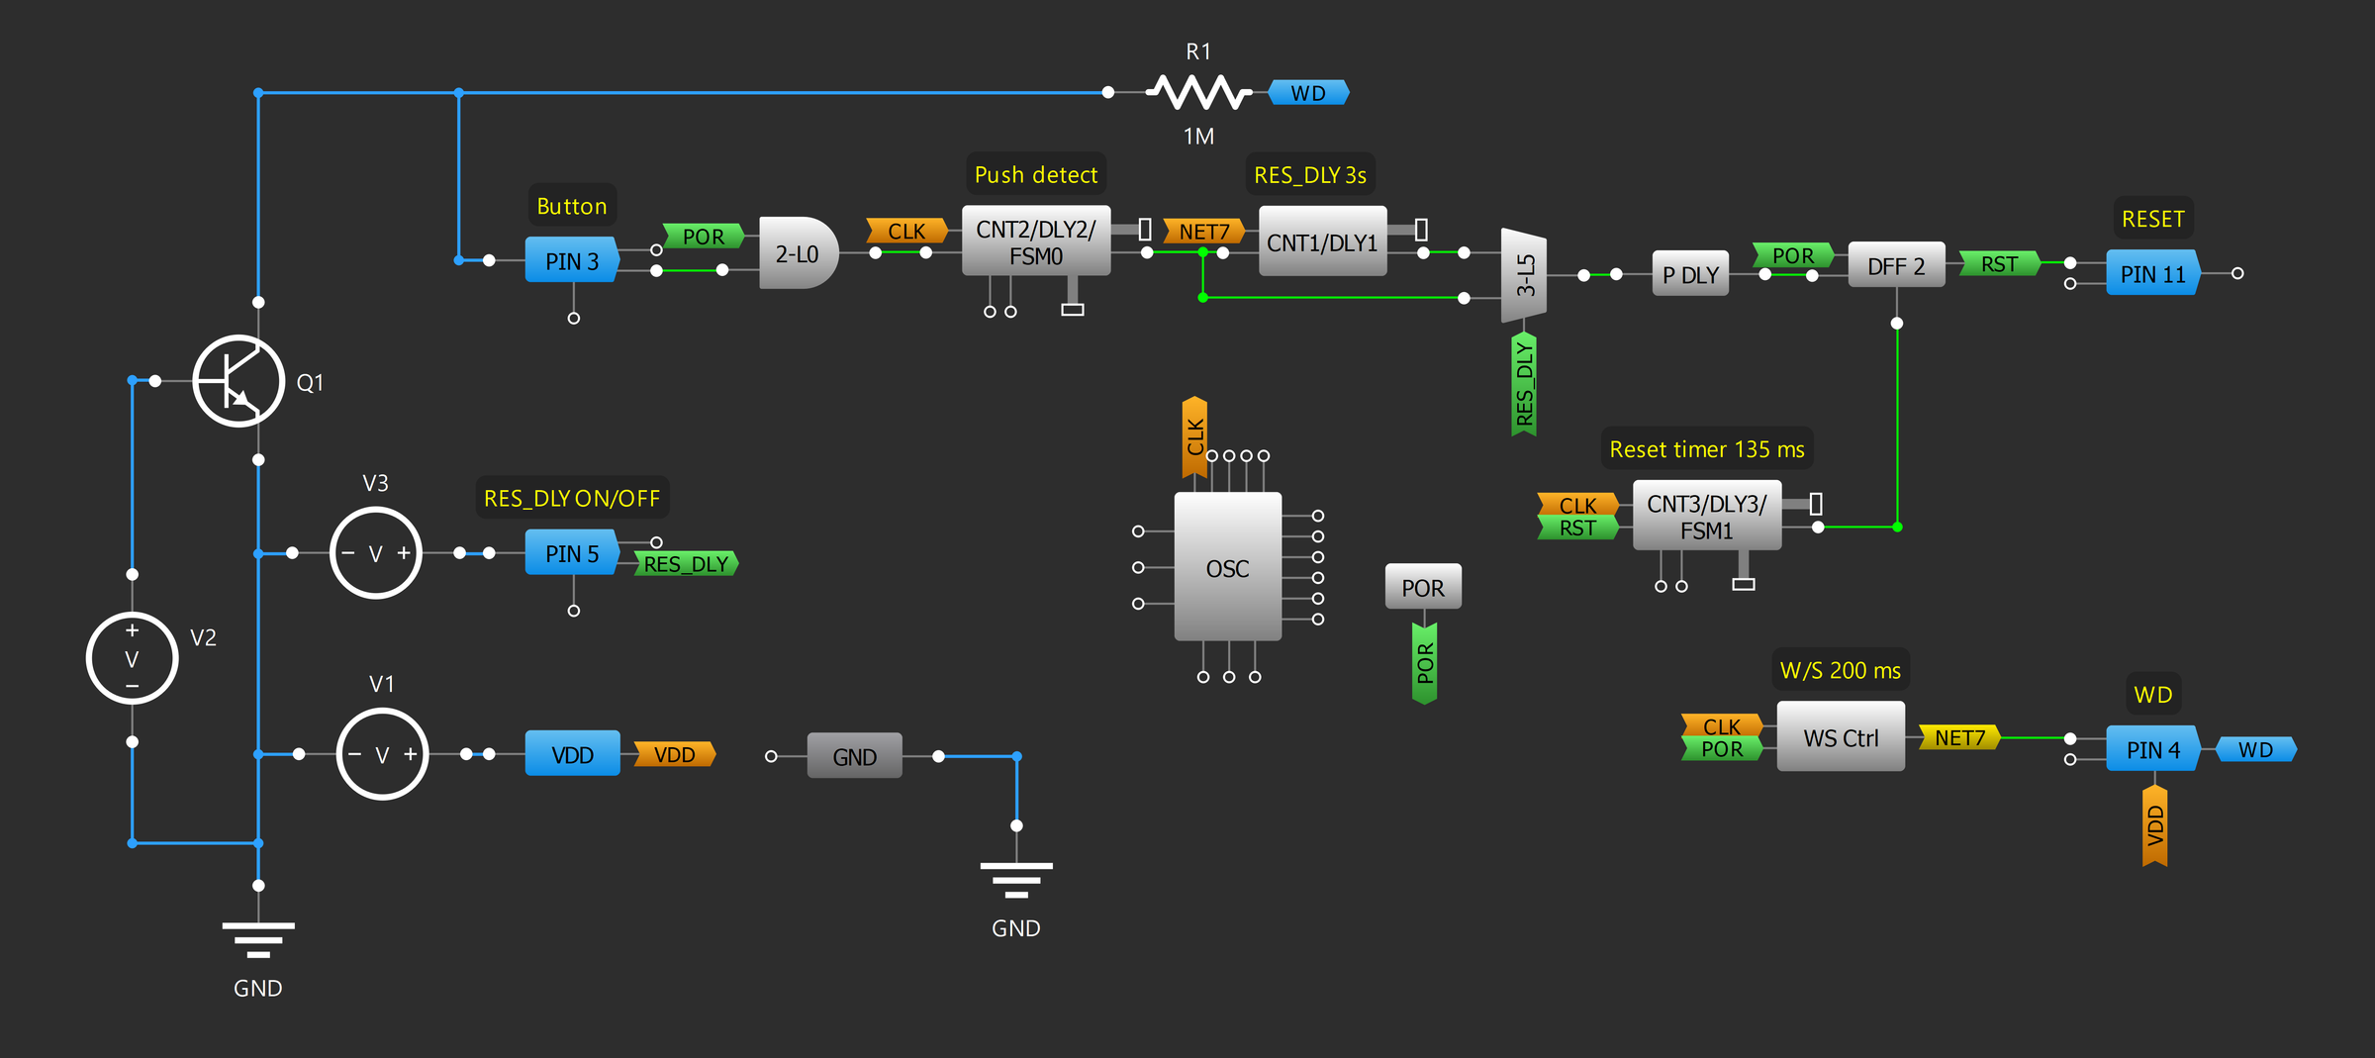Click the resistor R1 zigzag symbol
[x=1198, y=92]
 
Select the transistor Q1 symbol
[x=238, y=381]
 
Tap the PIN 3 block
[x=571, y=260]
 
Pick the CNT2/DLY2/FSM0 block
[x=1035, y=241]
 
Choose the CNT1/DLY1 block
[x=1321, y=241]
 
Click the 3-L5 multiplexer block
[x=1524, y=275]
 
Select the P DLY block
[x=1690, y=274]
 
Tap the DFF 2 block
[x=1895, y=265]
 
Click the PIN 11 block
[x=2152, y=273]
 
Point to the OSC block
[x=1227, y=567]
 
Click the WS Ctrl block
[x=1840, y=737]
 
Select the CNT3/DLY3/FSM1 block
[x=1706, y=516]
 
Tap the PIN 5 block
[x=571, y=553]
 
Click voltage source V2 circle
[x=132, y=658]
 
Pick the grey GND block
[x=854, y=756]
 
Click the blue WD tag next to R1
[x=1308, y=93]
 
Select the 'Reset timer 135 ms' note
[x=1706, y=449]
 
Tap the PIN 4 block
[x=2152, y=749]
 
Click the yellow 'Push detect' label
[x=1035, y=175]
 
